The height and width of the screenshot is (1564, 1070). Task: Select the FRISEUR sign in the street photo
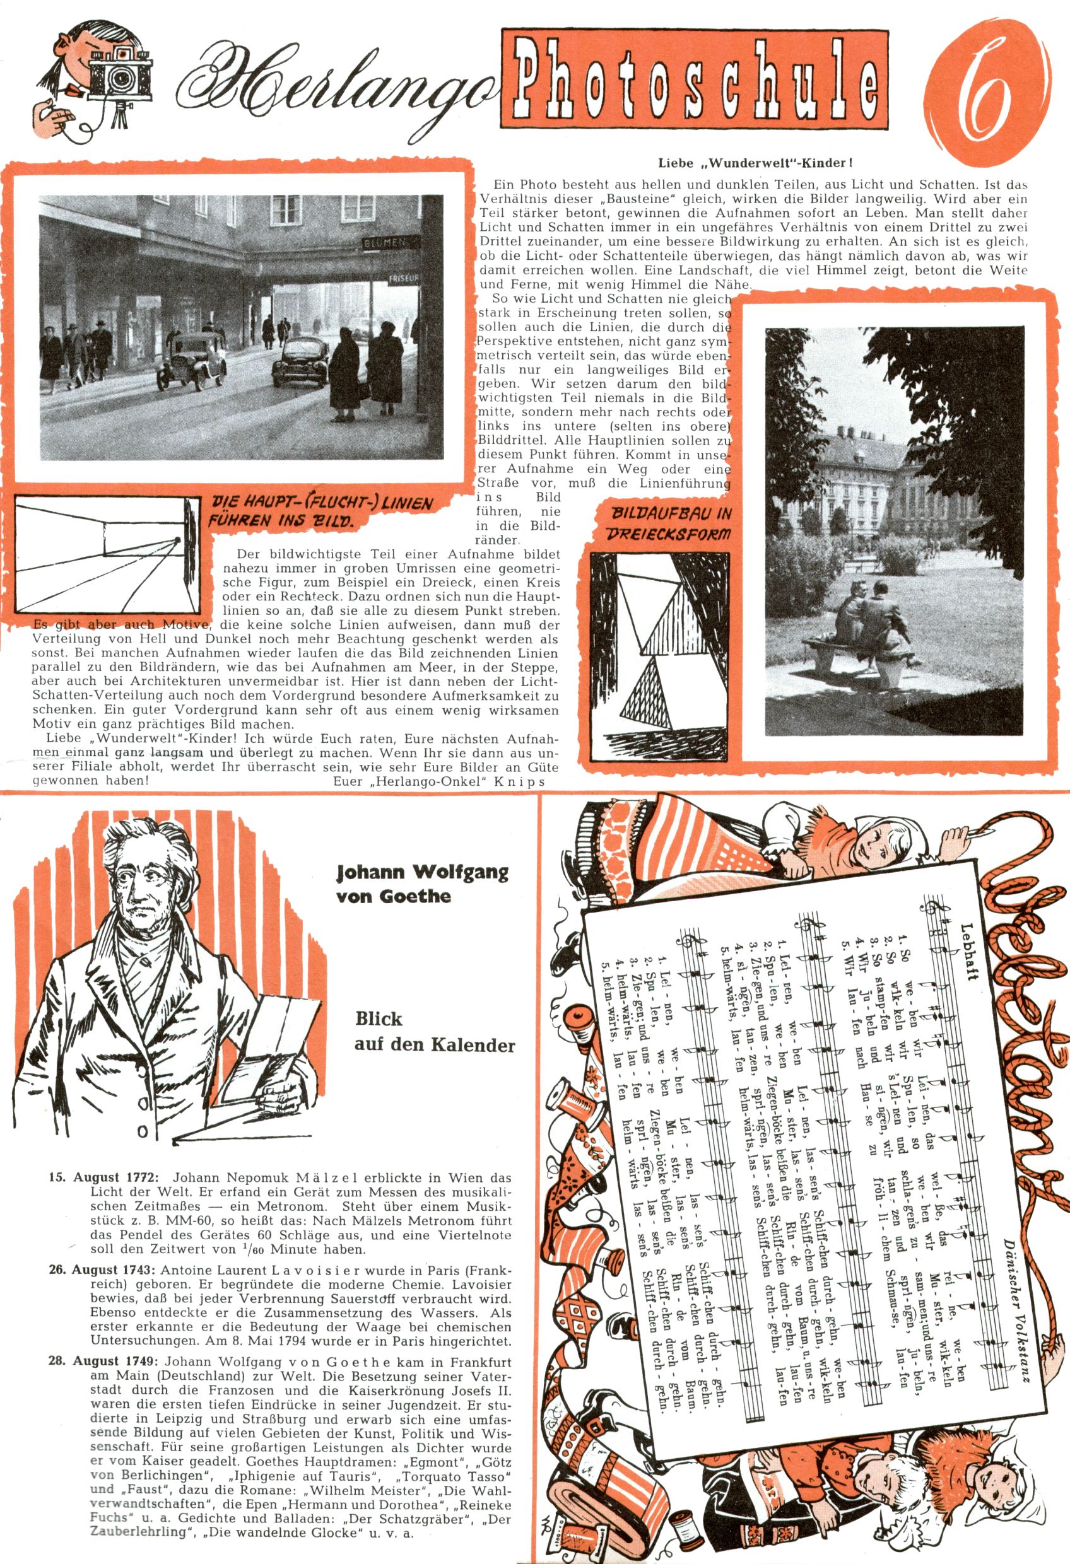tap(403, 278)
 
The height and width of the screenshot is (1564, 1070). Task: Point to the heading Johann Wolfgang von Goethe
tap(422, 884)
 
